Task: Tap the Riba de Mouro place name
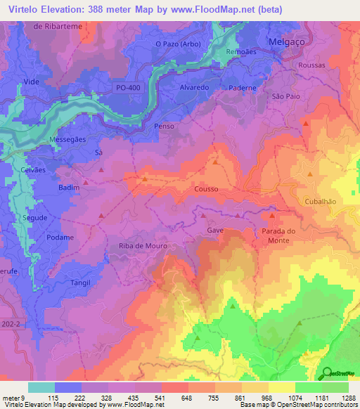coord(139,245)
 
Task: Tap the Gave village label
coord(215,230)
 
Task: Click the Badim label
coord(69,188)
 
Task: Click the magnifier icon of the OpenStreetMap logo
coord(326,372)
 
